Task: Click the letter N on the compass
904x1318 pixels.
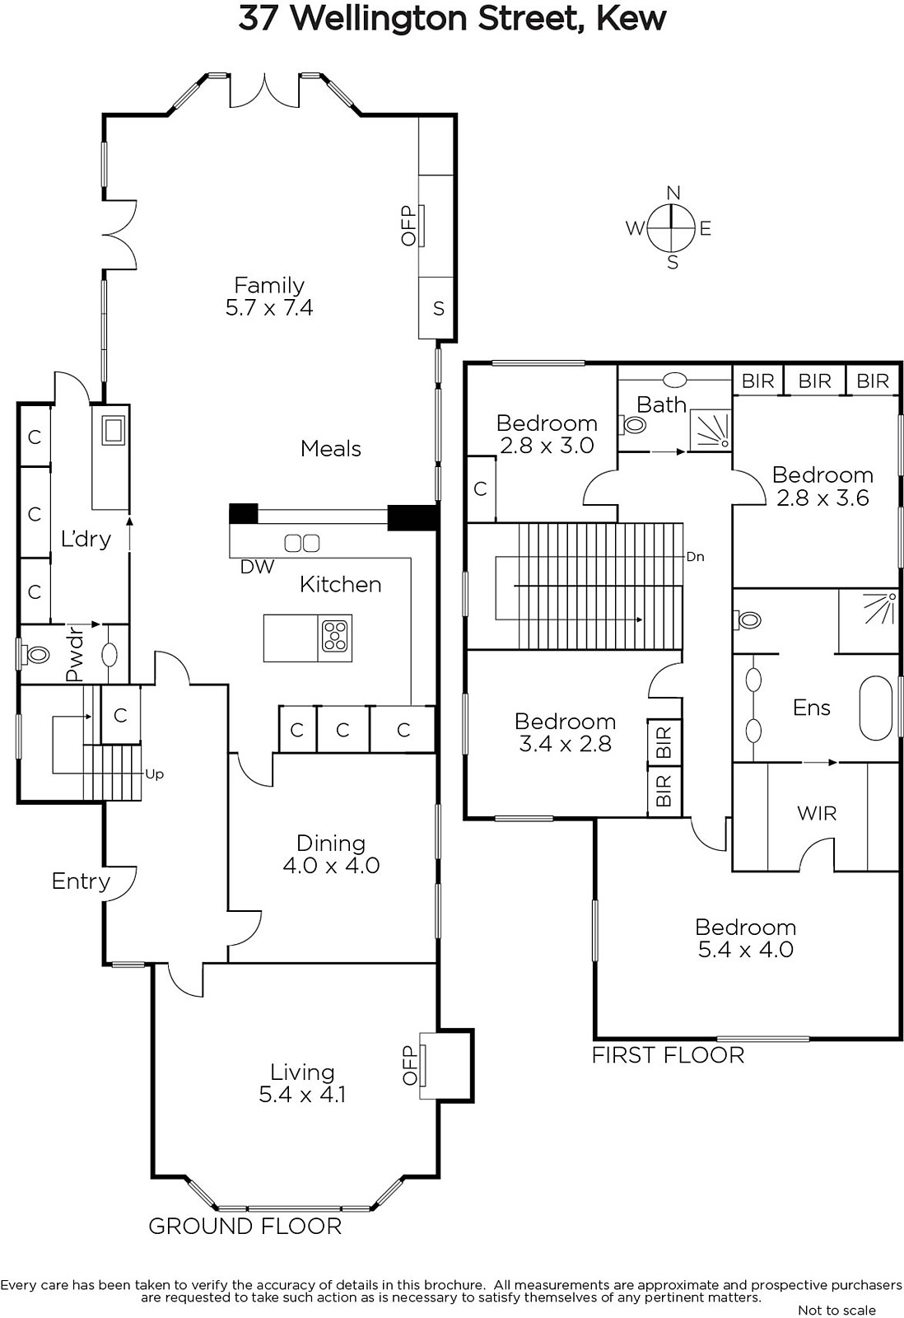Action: [x=673, y=193]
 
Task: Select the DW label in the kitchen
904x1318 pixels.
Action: [x=257, y=567]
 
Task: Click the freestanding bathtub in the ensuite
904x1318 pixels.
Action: [x=876, y=708]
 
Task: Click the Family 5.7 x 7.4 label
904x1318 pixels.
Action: [x=269, y=296]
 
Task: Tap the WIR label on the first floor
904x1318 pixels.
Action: [x=817, y=813]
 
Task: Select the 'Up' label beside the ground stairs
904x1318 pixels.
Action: [x=154, y=774]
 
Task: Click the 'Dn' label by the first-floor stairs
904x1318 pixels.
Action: [x=695, y=557]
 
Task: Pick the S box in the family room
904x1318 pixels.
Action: [x=437, y=308]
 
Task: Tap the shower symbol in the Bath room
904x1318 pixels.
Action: [x=711, y=430]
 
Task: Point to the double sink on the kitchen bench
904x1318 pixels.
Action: [x=301, y=543]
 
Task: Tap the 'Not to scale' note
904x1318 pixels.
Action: [x=836, y=1310]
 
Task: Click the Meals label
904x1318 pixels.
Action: [x=330, y=448]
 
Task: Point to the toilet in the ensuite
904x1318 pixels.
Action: [x=747, y=619]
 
